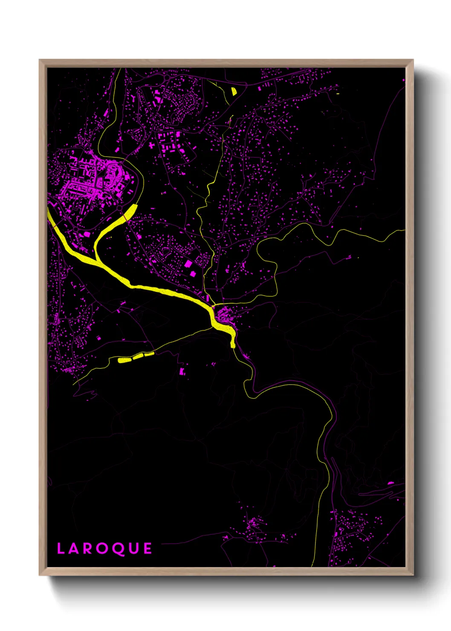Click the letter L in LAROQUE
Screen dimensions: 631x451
60,549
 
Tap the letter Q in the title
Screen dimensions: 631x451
118,549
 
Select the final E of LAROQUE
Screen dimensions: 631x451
147,549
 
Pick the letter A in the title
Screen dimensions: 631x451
74,549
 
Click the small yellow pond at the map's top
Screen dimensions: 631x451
234,91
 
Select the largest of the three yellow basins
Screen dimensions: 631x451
124,360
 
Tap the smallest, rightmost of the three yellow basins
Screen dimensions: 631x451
149,354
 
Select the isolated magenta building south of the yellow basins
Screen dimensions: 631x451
182,371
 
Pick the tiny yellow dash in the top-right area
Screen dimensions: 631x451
337,94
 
